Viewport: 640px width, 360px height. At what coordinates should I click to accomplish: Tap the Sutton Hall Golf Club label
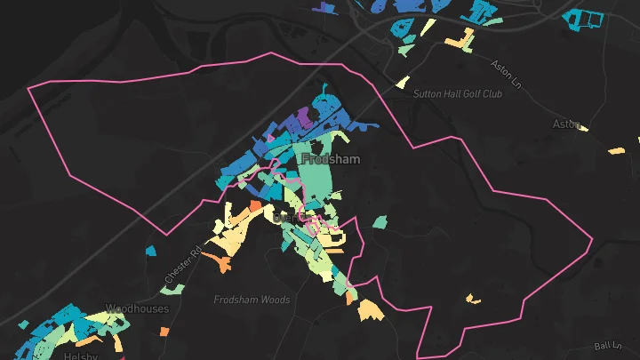pos(457,93)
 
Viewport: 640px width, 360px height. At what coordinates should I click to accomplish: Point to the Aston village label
pos(565,124)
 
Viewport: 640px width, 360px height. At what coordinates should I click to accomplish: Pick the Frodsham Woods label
pos(252,300)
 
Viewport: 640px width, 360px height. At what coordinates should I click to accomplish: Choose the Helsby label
pos(79,356)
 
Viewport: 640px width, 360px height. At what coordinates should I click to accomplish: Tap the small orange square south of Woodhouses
pos(164,332)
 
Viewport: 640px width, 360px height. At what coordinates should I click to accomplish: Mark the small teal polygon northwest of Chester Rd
pos(150,252)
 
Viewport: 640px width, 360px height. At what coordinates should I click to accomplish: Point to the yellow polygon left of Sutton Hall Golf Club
pos(402,83)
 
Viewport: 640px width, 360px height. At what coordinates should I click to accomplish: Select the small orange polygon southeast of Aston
pos(615,151)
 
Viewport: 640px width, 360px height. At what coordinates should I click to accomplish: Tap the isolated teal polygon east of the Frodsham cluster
pos(380,220)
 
